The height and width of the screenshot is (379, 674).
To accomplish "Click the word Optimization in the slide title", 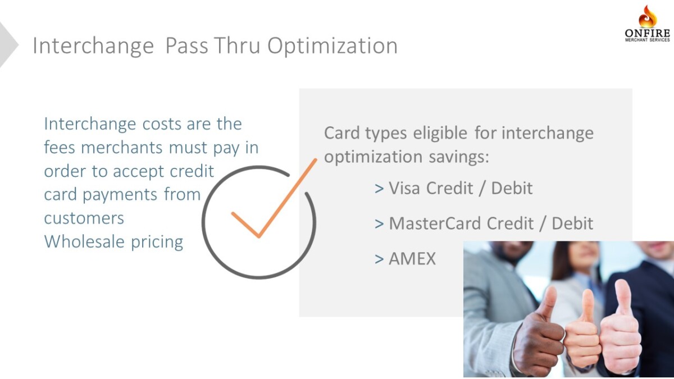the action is (333, 46).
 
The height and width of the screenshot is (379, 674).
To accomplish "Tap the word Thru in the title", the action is (237, 45).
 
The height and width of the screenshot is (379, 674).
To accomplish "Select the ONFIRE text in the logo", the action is (648, 33).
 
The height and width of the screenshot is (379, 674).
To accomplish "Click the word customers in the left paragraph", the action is (84, 218).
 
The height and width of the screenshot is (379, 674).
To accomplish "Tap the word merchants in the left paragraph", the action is (122, 147).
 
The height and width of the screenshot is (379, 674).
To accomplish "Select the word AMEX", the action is (412, 258).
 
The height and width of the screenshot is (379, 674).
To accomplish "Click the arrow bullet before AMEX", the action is (379, 259).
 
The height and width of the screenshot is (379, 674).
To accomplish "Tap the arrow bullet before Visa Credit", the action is (379, 189).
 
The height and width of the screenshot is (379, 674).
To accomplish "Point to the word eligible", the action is (440, 133).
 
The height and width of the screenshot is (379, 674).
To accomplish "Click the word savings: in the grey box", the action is (459, 157).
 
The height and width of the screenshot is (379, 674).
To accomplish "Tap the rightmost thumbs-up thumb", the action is (623, 298).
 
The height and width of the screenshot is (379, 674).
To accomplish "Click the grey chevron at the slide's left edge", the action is (7, 45).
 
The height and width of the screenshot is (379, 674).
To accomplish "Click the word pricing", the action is (157, 242).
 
